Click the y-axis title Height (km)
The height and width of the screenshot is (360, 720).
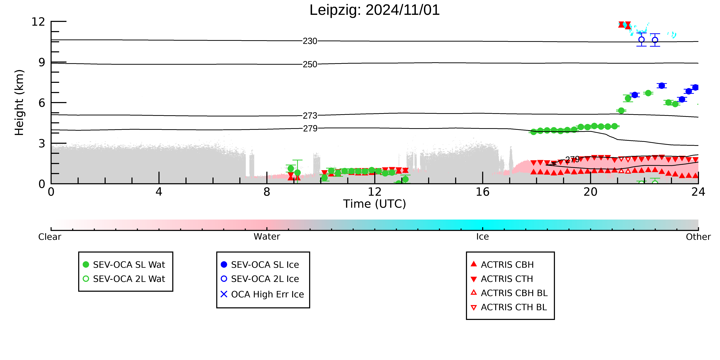click(19, 103)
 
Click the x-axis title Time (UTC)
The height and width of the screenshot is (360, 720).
click(375, 204)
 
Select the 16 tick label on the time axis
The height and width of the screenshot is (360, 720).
click(483, 192)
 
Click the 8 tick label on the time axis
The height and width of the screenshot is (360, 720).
click(267, 192)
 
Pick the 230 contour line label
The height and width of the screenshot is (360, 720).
click(310, 41)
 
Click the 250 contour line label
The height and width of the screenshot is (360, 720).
click(310, 64)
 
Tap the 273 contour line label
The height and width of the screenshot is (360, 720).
click(310, 115)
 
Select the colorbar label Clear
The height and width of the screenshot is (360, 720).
click(50, 237)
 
